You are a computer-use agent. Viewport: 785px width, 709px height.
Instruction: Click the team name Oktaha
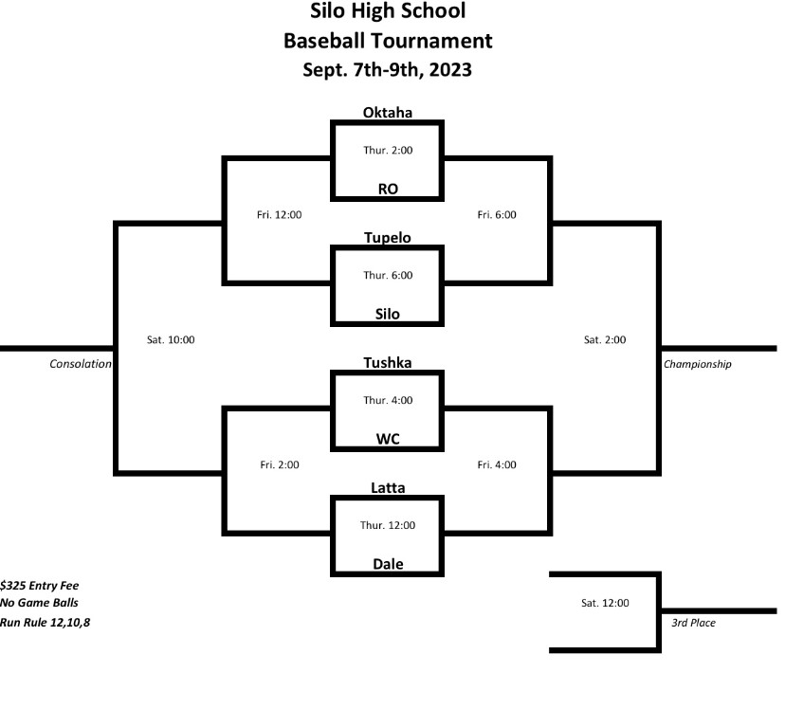[x=387, y=113]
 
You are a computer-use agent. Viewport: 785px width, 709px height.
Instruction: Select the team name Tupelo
[x=387, y=238]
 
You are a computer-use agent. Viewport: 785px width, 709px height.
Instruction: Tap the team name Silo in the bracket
[x=387, y=314]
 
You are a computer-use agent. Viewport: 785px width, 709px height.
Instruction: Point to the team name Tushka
[x=387, y=362]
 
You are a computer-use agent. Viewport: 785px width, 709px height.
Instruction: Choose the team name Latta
[x=387, y=487]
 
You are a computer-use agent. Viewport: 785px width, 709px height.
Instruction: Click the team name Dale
[x=387, y=564]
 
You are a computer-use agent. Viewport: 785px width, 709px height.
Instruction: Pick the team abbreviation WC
[x=387, y=439]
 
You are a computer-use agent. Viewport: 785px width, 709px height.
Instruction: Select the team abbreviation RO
[x=387, y=189]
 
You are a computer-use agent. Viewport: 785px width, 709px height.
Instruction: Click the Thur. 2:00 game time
[x=388, y=150]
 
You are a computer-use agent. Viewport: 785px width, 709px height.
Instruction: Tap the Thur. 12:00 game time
[x=388, y=525]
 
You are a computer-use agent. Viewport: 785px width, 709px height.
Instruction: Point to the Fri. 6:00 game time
[x=497, y=215]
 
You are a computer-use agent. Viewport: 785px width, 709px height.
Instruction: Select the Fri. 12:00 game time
[x=280, y=215]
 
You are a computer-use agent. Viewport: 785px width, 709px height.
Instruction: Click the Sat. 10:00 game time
[x=171, y=339]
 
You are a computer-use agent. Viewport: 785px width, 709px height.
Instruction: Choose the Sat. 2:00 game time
[x=605, y=339]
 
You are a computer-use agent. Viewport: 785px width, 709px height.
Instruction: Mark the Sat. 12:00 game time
[x=605, y=602]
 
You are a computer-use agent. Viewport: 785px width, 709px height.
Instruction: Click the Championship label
[x=698, y=364]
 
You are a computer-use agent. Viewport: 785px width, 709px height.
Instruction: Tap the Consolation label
[x=81, y=364]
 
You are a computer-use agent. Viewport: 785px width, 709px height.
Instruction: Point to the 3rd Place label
[x=689, y=623]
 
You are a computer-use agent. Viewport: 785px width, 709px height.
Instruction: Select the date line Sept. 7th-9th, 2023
[x=387, y=69]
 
